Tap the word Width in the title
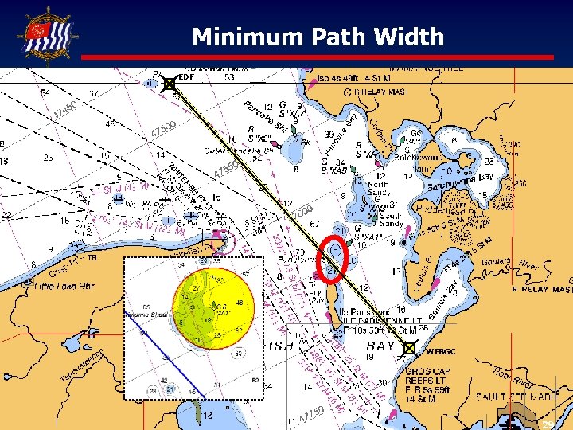click(411, 37)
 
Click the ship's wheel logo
click(49, 33)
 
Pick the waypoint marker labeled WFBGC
click(409, 348)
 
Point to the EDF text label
click(185, 77)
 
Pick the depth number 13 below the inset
click(206, 416)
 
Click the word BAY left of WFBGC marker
click(380, 346)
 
